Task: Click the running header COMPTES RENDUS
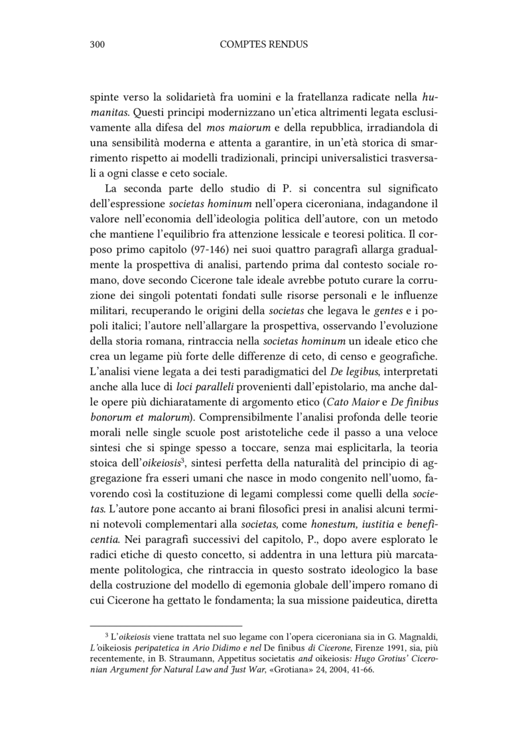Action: click(x=264, y=44)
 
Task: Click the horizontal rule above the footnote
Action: click(x=166, y=625)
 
